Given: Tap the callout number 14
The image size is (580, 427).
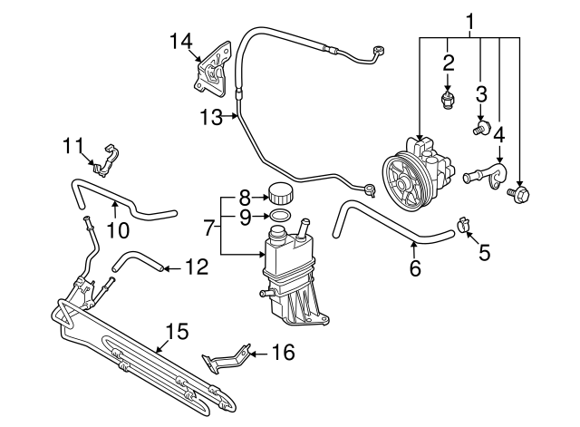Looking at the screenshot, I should click(x=181, y=40).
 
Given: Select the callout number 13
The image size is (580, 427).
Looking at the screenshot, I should click(x=210, y=116).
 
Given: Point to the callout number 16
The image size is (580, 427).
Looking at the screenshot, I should click(x=284, y=352).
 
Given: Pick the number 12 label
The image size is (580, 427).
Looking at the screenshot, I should click(x=197, y=267).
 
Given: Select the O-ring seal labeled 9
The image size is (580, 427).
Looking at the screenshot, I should click(x=281, y=216).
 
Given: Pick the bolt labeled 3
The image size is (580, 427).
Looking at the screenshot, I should click(x=481, y=128).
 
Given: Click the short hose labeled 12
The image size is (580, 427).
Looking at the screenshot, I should click(x=136, y=263).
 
